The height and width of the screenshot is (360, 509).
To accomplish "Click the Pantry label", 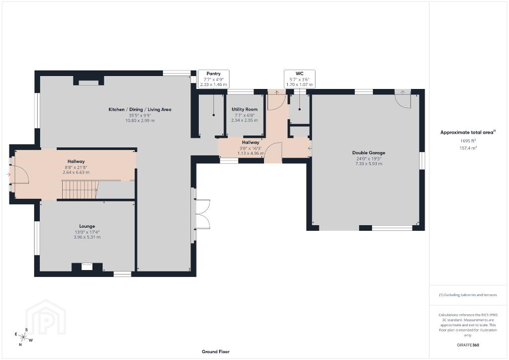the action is pyautogui.click(x=214, y=74).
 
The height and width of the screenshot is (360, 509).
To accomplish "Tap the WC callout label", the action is pyautogui.click(x=299, y=74).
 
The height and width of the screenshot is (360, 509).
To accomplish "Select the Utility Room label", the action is pyautogui.click(x=245, y=109).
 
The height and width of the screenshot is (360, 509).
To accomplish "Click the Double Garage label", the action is pyautogui.click(x=369, y=153).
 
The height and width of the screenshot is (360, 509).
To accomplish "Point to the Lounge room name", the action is pyautogui.click(x=87, y=226).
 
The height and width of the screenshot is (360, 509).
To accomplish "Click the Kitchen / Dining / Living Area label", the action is pyautogui.click(x=140, y=110).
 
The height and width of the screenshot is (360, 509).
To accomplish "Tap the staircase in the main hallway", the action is pyautogui.click(x=80, y=189).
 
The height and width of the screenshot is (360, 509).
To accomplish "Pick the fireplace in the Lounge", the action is pyautogui.click(x=87, y=267).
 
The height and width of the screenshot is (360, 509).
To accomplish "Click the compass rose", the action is pyautogui.click(x=23, y=337).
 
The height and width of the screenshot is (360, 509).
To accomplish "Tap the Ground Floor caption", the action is pyautogui.click(x=216, y=352).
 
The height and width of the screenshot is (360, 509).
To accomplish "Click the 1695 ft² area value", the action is pyautogui.click(x=468, y=141).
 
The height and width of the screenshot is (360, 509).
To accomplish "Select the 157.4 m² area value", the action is pyautogui.click(x=468, y=148).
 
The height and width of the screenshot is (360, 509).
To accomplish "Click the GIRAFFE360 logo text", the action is pyautogui.click(x=468, y=345).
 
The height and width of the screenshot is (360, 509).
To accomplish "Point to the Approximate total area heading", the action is pyautogui.click(x=468, y=132).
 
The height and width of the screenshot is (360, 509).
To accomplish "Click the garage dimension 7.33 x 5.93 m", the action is pyautogui.click(x=369, y=164).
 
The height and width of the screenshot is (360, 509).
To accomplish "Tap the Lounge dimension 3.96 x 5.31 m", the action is pyautogui.click(x=87, y=237).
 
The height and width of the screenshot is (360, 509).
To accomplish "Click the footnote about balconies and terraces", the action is pyautogui.click(x=468, y=295).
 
